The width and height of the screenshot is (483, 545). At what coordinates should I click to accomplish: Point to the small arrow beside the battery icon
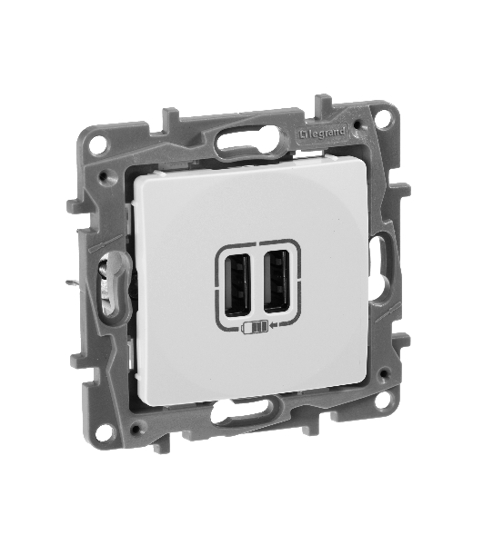(x=275, y=324)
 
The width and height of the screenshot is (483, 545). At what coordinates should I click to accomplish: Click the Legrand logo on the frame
(x=323, y=134)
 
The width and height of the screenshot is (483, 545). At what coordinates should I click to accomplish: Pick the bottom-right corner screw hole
(x=382, y=401)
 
